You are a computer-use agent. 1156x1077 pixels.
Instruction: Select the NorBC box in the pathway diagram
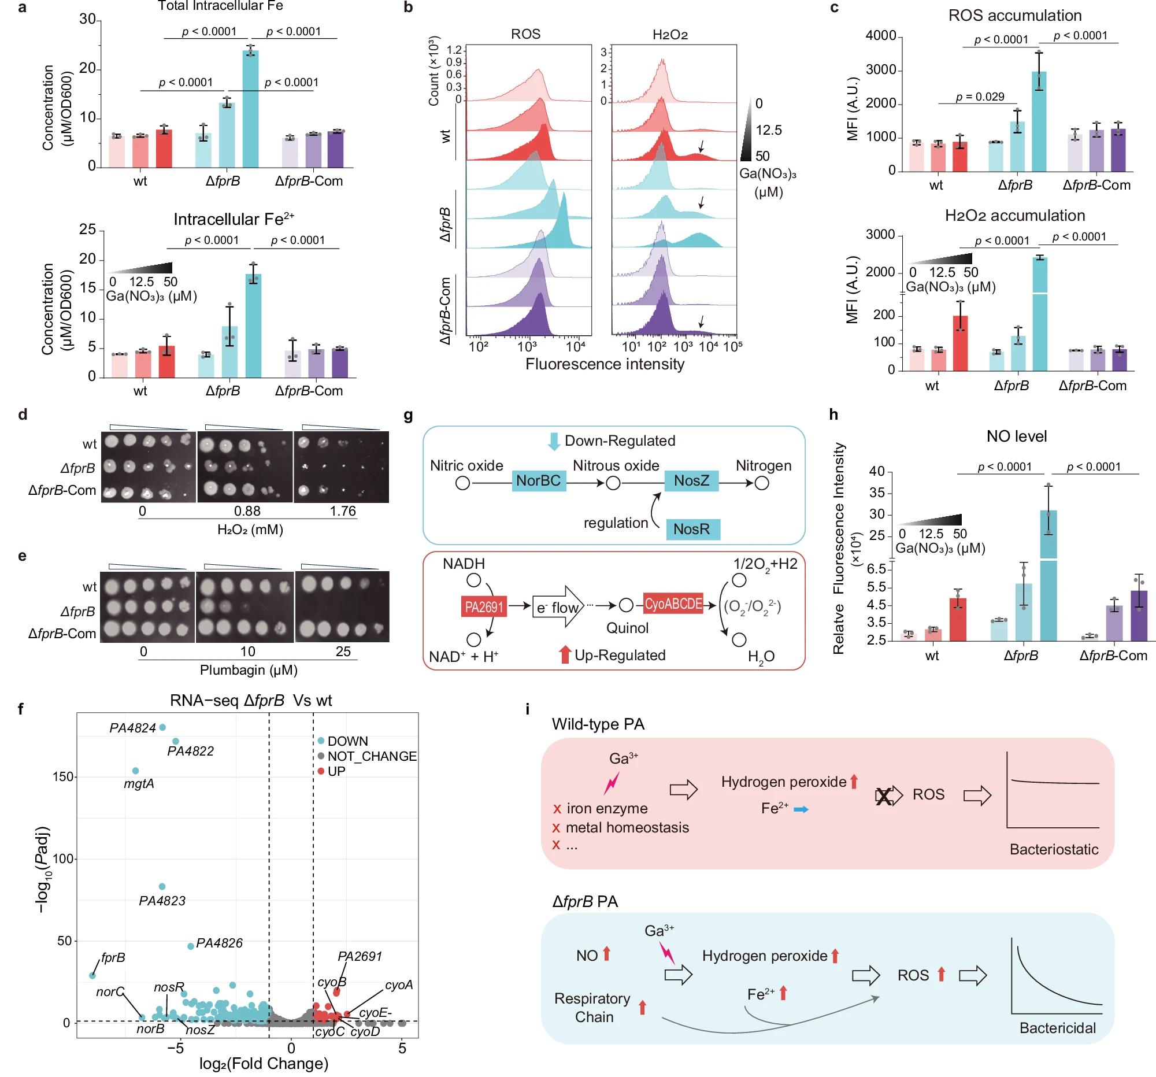(539, 480)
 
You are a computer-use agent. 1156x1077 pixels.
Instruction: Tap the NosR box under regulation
(691, 529)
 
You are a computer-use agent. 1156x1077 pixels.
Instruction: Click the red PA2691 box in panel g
(484, 608)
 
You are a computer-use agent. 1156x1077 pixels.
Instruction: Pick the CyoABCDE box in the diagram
(673, 604)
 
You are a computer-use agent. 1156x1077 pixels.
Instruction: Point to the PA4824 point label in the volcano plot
(132, 728)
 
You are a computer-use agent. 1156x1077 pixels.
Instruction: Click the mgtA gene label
(139, 784)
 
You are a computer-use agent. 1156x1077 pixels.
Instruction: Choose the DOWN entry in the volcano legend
(347, 741)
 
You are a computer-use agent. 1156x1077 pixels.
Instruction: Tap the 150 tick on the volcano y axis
(64, 777)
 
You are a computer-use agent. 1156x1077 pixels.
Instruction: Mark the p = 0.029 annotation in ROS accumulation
(980, 97)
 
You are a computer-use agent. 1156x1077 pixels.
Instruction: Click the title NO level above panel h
(1017, 436)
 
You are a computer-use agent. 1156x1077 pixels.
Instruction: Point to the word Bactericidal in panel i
(1058, 1027)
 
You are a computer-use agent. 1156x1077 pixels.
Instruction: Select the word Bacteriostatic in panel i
(1054, 849)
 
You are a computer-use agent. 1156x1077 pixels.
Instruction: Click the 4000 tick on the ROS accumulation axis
(880, 36)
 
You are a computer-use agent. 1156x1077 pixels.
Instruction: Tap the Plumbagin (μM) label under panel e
(249, 670)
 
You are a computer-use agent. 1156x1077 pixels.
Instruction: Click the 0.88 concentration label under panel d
(247, 510)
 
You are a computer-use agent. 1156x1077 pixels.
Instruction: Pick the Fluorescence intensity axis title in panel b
(605, 365)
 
